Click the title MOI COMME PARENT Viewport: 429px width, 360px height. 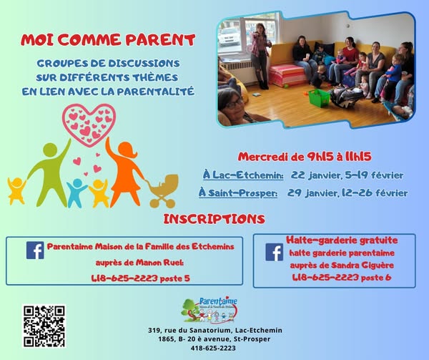(108, 40)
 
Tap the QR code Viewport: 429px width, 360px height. (44, 326)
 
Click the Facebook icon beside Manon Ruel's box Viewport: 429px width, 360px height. (35, 250)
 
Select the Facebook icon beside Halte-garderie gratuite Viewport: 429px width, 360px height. (274, 252)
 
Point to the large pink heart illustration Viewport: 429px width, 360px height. (89, 125)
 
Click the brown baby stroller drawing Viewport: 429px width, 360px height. (162, 191)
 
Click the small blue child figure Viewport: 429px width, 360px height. (77, 193)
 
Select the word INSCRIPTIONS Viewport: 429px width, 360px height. (214, 219)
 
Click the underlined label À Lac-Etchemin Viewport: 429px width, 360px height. (243, 175)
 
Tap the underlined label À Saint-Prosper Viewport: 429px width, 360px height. (238, 193)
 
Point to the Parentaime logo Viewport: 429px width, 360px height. (209, 310)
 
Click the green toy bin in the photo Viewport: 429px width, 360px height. (319, 98)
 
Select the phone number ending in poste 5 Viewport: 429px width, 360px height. (140, 278)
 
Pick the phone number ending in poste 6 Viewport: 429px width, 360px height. (342, 277)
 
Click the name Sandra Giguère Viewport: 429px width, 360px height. (363, 266)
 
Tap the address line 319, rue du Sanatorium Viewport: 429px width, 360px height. (215, 330)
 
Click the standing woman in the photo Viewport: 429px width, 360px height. (260, 56)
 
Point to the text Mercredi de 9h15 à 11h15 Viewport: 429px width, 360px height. (305, 157)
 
